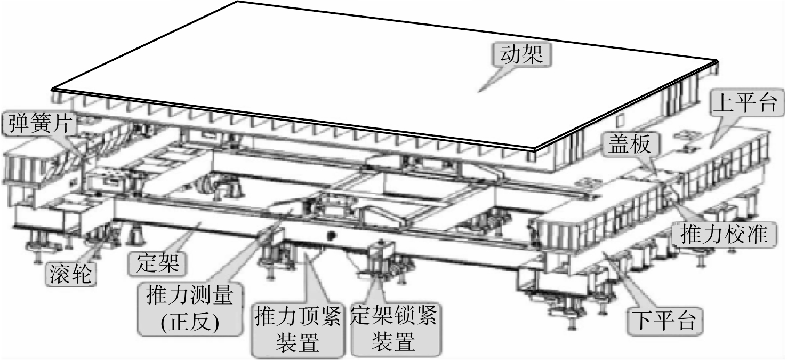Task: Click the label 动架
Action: point(521,55)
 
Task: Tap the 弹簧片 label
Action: point(40,124)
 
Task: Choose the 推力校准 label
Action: point(724,234)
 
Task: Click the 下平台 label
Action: point(664,321)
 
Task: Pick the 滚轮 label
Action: point(70,274)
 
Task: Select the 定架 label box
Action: point(158,262)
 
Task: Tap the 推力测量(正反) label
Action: point(190,308)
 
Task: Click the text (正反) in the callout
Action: point(190,322)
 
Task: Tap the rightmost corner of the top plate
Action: point(717,61)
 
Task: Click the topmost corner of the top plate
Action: point(237,2)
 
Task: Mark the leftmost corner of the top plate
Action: point(52,88)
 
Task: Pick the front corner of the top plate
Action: point(534,149)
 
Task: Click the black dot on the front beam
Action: point(330,236)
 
